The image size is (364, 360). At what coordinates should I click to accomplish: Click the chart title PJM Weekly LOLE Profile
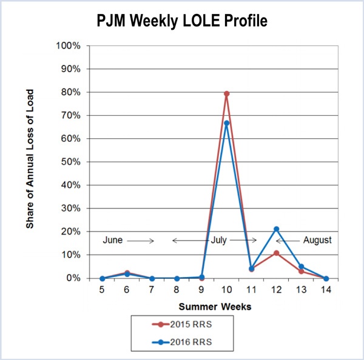tap(182, 21)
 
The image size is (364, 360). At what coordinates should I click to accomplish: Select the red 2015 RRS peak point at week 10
tap(226, 94)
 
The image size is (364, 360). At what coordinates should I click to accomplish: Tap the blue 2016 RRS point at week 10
tap(226, 123)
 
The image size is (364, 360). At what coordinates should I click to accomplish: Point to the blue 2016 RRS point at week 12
tap(276, 229)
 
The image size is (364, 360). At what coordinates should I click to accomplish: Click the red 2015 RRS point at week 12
tap(276, 253)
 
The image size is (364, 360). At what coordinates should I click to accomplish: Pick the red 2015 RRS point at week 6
tap(127, 273)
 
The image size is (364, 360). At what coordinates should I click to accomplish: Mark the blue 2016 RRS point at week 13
tap(301, 267)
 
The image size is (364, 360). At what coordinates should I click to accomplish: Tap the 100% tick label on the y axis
tap(69, 46)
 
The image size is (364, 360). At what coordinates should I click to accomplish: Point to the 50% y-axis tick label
tap(70, 162)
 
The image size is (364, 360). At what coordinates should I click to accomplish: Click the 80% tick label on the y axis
tap(70, 92)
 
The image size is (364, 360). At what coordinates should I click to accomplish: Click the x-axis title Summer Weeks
tap(214, 307)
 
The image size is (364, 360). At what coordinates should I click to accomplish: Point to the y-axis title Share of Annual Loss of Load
tap(30, 159)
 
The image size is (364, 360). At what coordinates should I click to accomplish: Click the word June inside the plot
tap(112, 240)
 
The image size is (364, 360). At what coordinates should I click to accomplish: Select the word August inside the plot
tap(316, 240)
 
